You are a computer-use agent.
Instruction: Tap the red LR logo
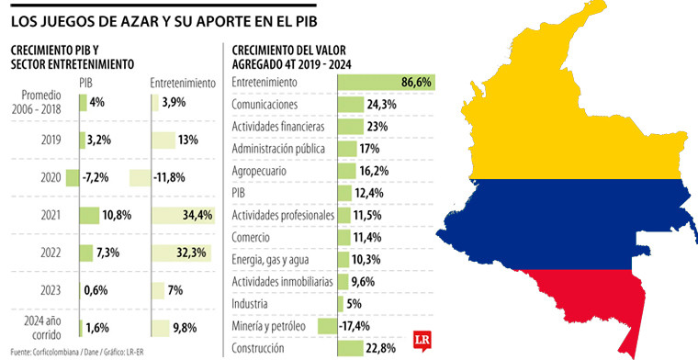click(x=422, y=338)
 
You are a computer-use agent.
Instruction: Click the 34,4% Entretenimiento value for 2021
click(x=197, y=216)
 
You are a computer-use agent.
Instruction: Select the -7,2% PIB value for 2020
click(x=99, y=176)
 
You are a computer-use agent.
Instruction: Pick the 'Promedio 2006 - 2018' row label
click(x=43, y=102)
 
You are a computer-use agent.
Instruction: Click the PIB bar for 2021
click(x=88, y=216)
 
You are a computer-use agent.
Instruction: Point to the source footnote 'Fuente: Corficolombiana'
click(x=46, y=353)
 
